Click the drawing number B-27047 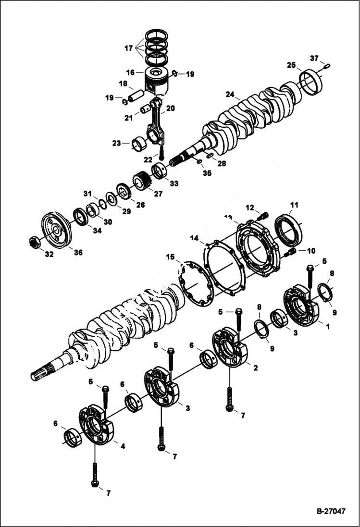coord(331,512)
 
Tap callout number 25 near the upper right coord(304,65)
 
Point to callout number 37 coord(314,58)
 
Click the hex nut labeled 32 coord(35,243)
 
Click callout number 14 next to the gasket coord(194,237)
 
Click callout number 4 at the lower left coord(123,446)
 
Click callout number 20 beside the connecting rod coord(170,109)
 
